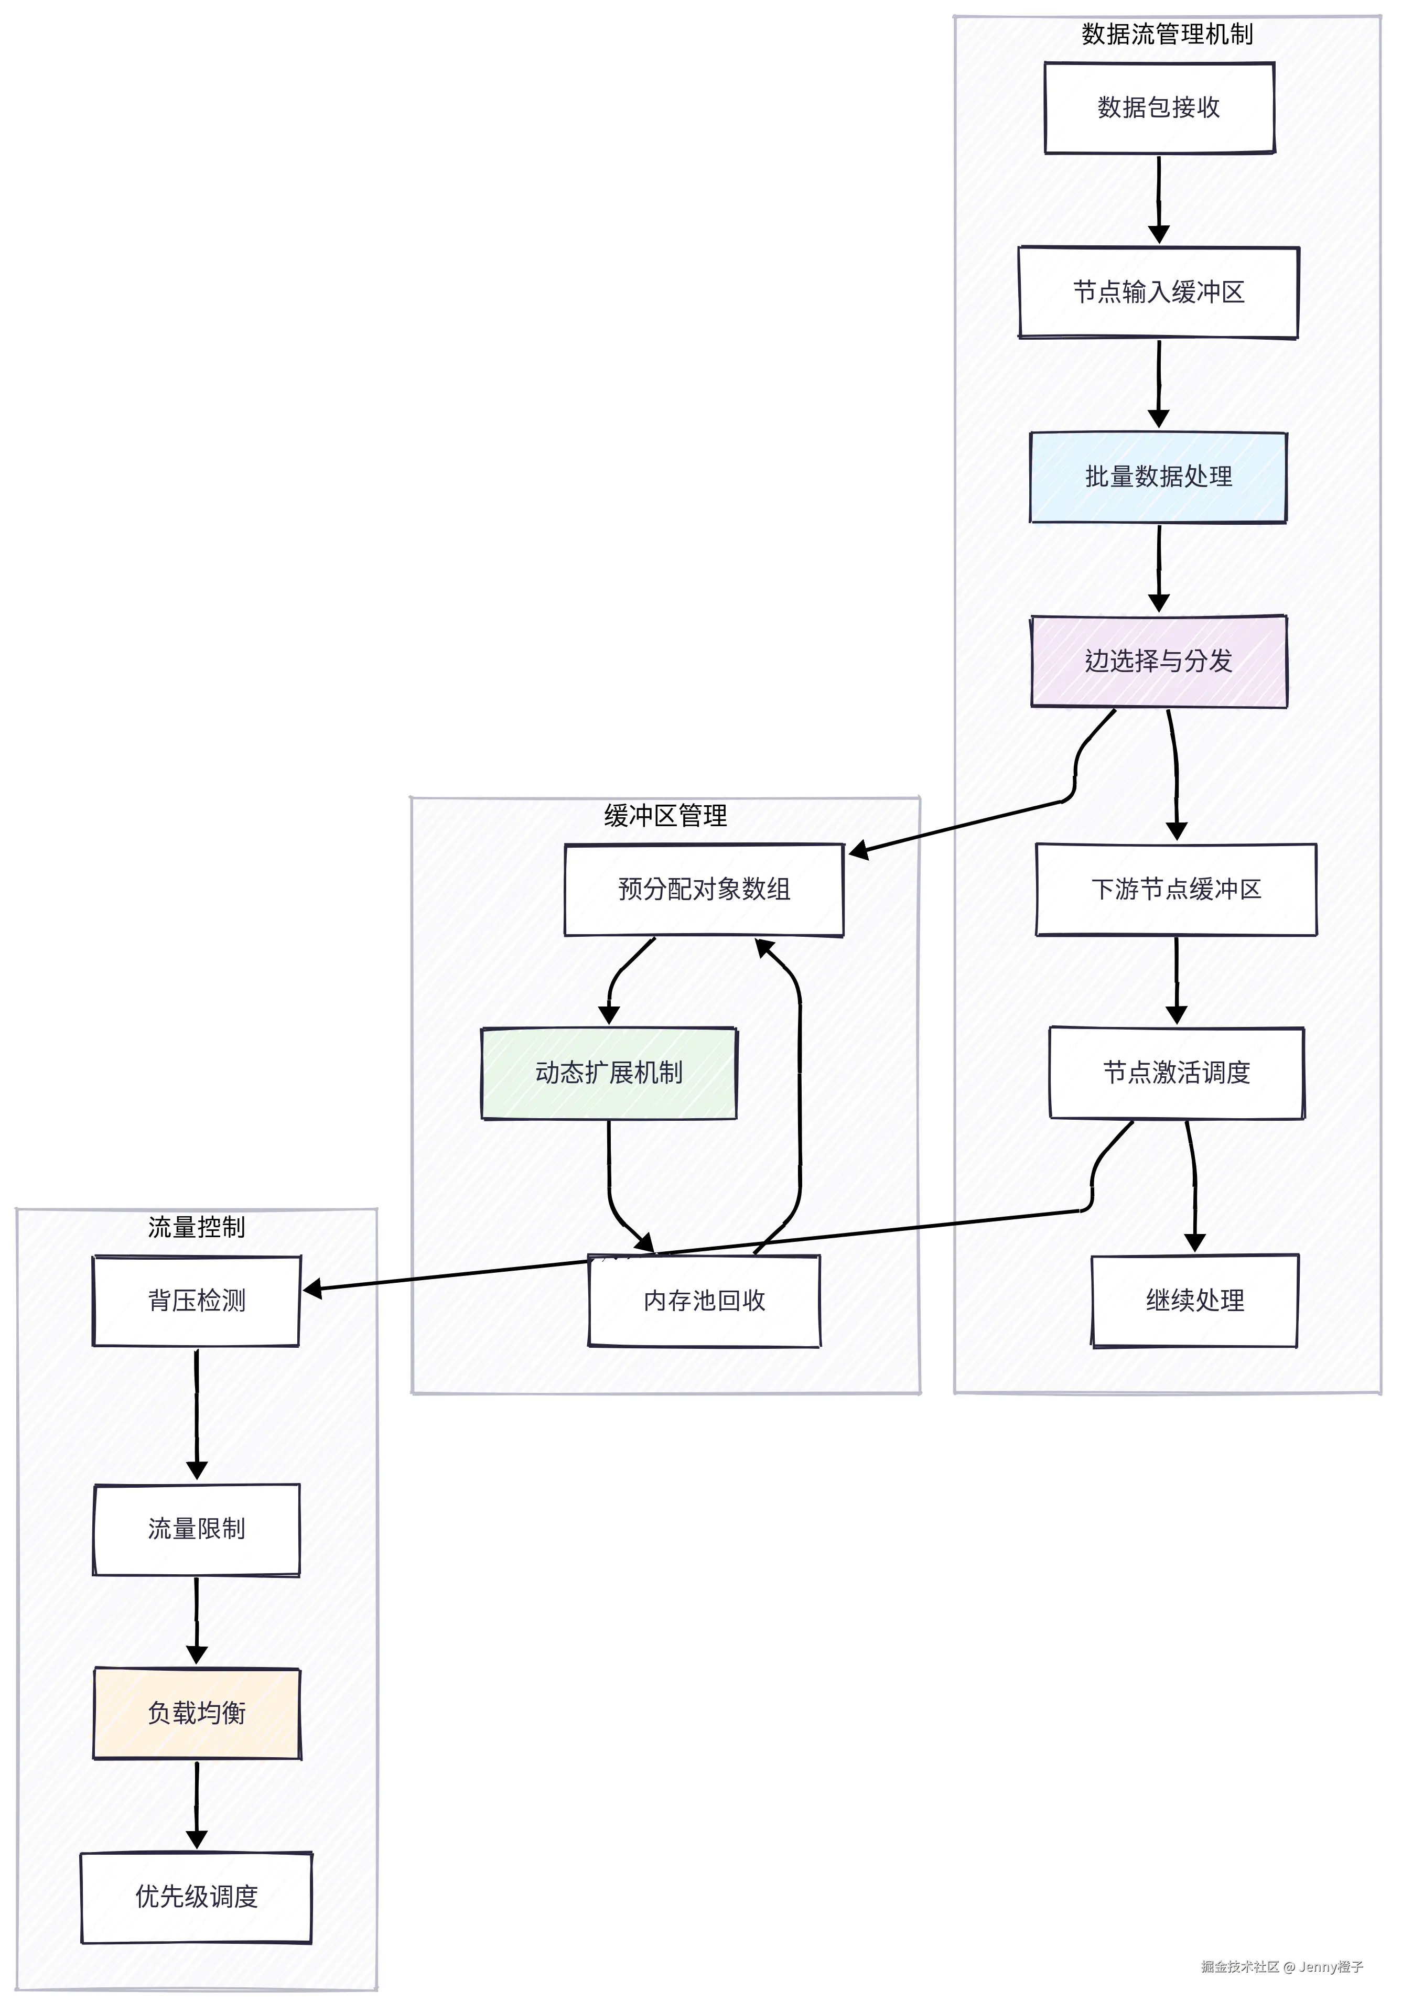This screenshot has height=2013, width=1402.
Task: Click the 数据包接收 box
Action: [1158, 108]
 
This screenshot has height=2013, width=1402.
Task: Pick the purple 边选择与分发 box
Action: [1158, 661]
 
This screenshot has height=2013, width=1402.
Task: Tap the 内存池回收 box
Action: [703, 1301]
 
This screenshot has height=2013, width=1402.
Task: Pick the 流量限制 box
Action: [197, 1529]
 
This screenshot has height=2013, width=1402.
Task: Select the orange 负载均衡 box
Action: [197, 1713]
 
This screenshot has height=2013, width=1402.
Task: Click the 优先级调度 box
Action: [197, 1897]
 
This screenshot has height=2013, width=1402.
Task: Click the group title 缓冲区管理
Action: [665, 816]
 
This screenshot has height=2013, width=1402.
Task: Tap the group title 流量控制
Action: [197, 1227]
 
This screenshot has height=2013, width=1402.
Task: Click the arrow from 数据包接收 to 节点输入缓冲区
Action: [1158, 200]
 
